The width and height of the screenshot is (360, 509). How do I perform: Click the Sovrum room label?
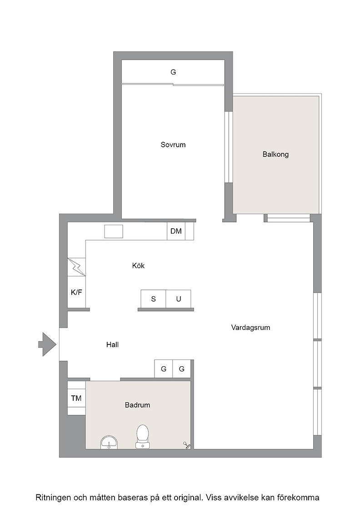click(173, 145)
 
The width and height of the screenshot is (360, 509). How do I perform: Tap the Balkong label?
click(275, 154)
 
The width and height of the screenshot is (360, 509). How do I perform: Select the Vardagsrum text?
click(250, 328)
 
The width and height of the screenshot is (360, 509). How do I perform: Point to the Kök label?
click(138, 265)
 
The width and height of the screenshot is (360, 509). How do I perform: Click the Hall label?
click(112, 345)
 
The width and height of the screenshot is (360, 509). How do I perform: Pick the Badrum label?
click(137, 405)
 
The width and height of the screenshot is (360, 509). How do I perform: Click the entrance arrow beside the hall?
click(47, 344)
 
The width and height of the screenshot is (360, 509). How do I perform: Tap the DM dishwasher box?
click(176, 231)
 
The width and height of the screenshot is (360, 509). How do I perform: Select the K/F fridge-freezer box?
click(76, 292)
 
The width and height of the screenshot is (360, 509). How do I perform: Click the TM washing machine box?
click(76, 398)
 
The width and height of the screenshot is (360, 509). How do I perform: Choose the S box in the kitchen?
click(154, 299)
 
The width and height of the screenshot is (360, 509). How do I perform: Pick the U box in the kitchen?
click(179, 299)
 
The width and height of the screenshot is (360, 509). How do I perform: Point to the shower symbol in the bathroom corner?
click(187, 445)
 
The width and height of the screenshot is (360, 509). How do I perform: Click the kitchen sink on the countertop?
click(114, 231)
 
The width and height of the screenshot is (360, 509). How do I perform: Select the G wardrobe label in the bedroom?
click(173, 72)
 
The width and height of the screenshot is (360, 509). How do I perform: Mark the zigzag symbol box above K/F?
click(76, 267)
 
